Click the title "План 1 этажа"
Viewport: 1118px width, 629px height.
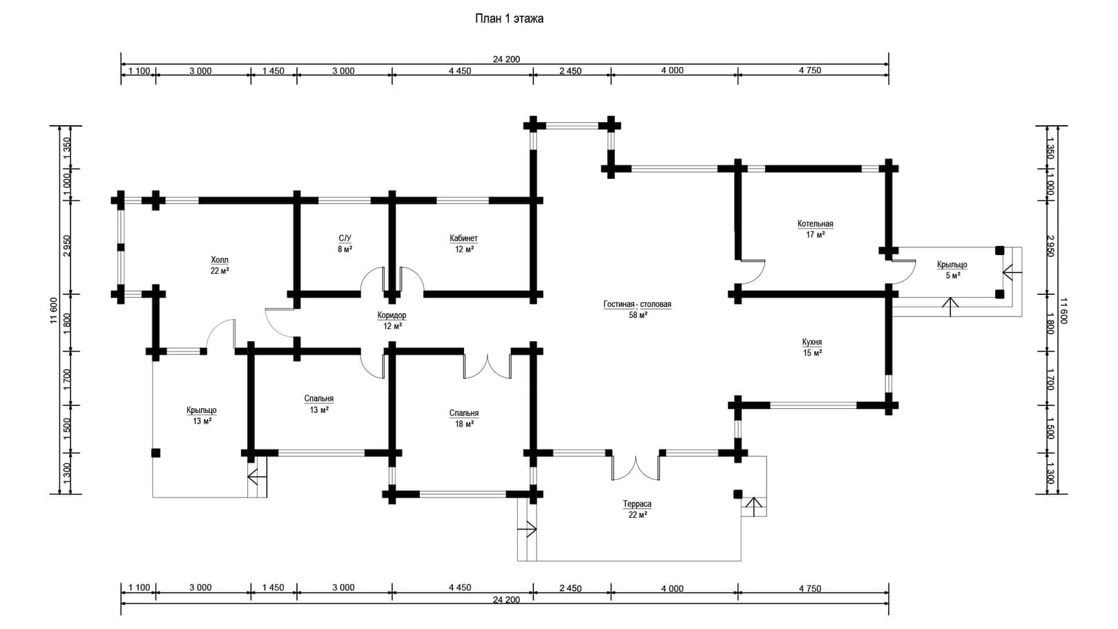click(509, 19)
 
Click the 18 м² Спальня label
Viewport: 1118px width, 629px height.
click(464, 419)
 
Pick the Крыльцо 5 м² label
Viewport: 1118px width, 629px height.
click(952, 270)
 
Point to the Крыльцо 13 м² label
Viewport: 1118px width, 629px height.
click(202, 416)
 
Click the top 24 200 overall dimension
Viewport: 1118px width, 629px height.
click(507, 59)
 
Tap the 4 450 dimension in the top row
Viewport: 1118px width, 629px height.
click(460, 71)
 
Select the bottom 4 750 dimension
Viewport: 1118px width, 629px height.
click(810, 588)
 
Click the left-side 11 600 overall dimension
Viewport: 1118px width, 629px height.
click(54, 310)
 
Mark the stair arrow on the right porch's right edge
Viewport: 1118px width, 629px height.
click(1012, 273)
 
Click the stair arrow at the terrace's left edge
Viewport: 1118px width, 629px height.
click(527, 528)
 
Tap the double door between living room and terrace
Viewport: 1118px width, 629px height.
click(635, 468)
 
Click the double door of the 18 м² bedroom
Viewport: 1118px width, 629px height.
click(487, 366)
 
